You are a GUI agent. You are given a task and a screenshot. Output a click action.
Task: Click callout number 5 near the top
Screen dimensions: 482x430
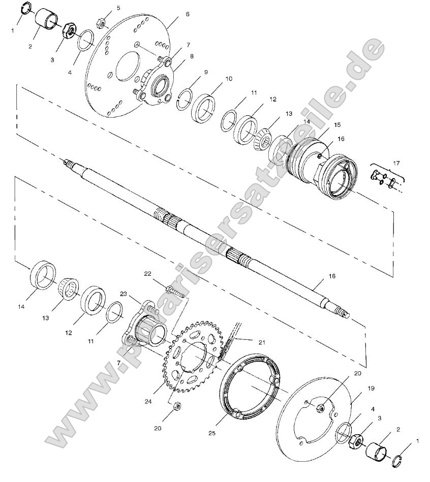tap(118, 8)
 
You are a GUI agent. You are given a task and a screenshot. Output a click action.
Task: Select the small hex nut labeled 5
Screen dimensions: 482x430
tap(101, 23)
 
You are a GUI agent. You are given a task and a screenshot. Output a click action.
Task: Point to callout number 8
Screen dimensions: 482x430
tap(192, 57)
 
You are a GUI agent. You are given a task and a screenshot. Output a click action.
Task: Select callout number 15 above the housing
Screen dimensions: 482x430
tap(323, 124)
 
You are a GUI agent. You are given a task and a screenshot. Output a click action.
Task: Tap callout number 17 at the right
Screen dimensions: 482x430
tap(397, 163)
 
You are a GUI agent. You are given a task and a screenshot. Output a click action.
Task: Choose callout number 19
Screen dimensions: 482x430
tap(371, 388)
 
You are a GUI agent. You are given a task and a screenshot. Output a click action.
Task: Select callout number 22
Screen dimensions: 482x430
tap(147, 274)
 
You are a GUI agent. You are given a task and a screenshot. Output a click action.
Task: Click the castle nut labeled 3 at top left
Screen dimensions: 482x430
tap(69, 30)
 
